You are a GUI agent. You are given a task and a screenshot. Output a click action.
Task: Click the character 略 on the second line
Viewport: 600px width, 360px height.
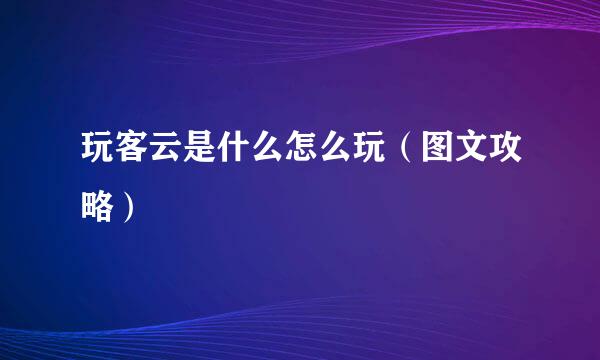[97, 207]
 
